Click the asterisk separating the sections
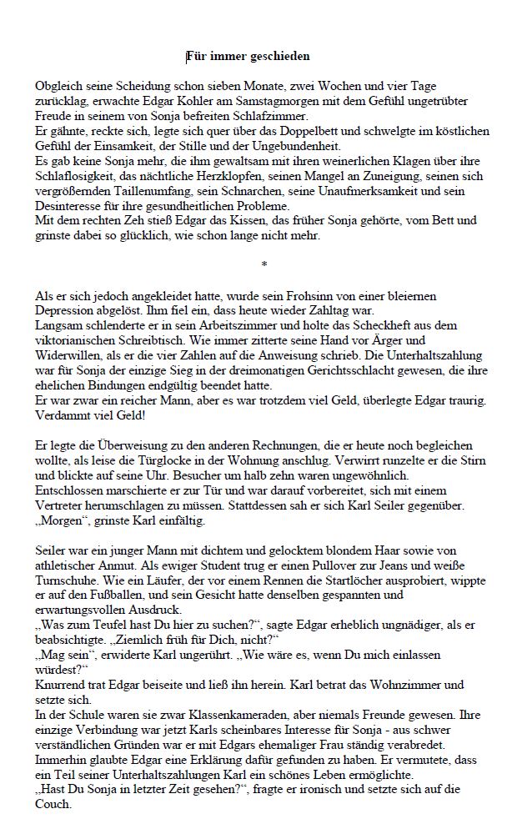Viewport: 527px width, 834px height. pos(263,264)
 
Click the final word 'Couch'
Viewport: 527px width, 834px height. pos(53,807)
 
